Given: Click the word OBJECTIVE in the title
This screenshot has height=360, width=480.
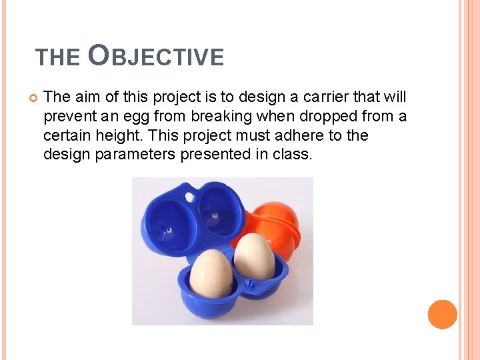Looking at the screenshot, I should (156, 57).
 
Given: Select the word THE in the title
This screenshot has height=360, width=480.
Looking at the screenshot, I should (57, 58).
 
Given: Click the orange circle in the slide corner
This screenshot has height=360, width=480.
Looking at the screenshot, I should (442, 314).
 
